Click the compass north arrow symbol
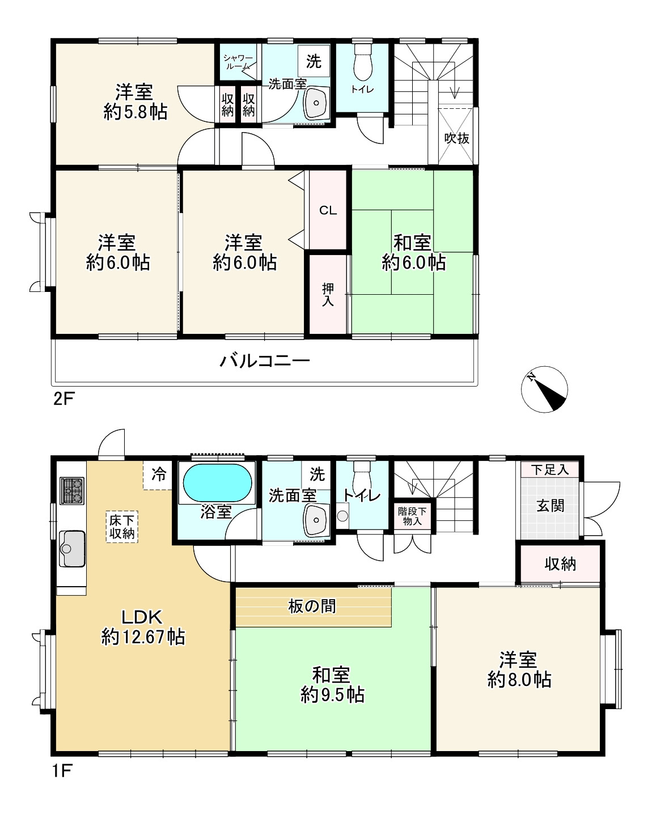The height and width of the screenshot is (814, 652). [x=544, y=389]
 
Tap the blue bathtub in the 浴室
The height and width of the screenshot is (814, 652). [x=217, y=484]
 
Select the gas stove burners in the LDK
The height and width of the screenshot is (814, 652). [x=72, y=490]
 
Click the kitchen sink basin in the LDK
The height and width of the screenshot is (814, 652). [x=72, y=549]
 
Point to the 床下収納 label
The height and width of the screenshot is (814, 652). [x=122, y=527]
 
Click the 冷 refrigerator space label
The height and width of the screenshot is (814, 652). [x=159, y=474]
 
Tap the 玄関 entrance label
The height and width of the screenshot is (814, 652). [x=551, y=506]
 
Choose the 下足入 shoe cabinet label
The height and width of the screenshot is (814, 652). [x=550, y=470]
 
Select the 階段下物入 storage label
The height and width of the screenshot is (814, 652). [x=412, y=516]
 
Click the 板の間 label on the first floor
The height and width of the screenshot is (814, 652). [x=312, y=607]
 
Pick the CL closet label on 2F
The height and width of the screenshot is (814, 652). [x=328, y=210]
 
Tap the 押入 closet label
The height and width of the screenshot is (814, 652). [x=328, y=295]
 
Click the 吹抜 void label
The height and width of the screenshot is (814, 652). [x=457, y=138]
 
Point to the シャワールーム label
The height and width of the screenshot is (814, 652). [x=238, y=62]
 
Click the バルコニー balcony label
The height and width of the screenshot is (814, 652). [x=265, y=361]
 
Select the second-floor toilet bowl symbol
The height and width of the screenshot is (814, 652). [x=363, y=63]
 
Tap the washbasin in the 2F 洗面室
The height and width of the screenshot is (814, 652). [x=316, y=103]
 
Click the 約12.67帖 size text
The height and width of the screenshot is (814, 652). [x=143, y=637]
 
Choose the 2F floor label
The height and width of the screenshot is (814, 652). [x=64, y=398]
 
